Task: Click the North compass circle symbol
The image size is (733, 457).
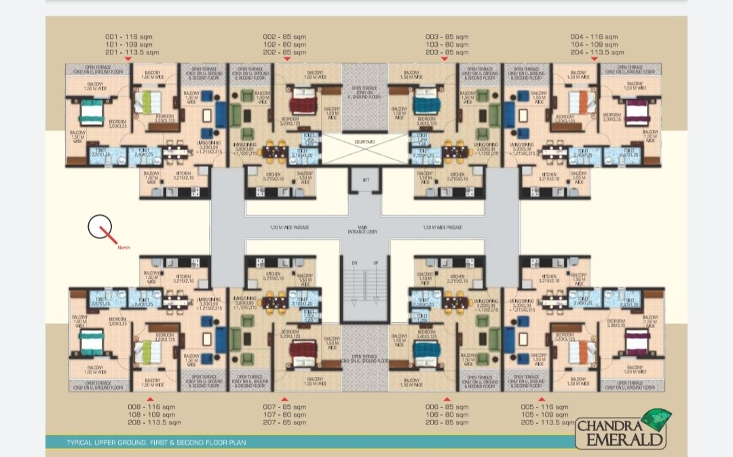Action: coord(100,226)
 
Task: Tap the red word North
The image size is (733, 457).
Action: coord(124,247)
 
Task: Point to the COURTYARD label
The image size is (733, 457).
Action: coord(364,141)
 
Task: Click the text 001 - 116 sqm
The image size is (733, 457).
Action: coord(132,36)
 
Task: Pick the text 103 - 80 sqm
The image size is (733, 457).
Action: coord(447,44)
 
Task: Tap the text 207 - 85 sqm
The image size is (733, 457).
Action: coord(284,422)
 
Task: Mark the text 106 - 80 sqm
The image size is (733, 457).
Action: coord(447,414)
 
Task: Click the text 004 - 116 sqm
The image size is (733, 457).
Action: coord(594,36)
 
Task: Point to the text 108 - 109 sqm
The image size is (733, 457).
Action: coord(151,414)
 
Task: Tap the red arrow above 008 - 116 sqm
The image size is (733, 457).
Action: coord(150,399)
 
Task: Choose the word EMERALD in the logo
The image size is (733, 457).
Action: coord(619,439)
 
